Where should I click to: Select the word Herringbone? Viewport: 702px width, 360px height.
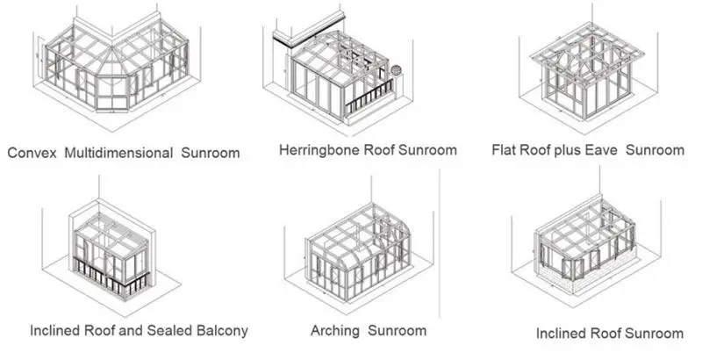point(319,150)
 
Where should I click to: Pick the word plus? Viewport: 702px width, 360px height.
point(573,151)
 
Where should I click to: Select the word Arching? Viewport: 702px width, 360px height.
point(335,331)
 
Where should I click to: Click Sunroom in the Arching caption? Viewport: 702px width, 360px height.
point(397,331)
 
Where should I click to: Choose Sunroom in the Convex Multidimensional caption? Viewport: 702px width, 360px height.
point(211,153)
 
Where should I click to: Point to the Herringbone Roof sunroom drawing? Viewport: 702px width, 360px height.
point(338,75)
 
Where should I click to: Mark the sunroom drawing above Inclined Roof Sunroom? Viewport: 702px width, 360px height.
point(588,250)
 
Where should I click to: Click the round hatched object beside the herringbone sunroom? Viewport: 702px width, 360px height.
point(396,69)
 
